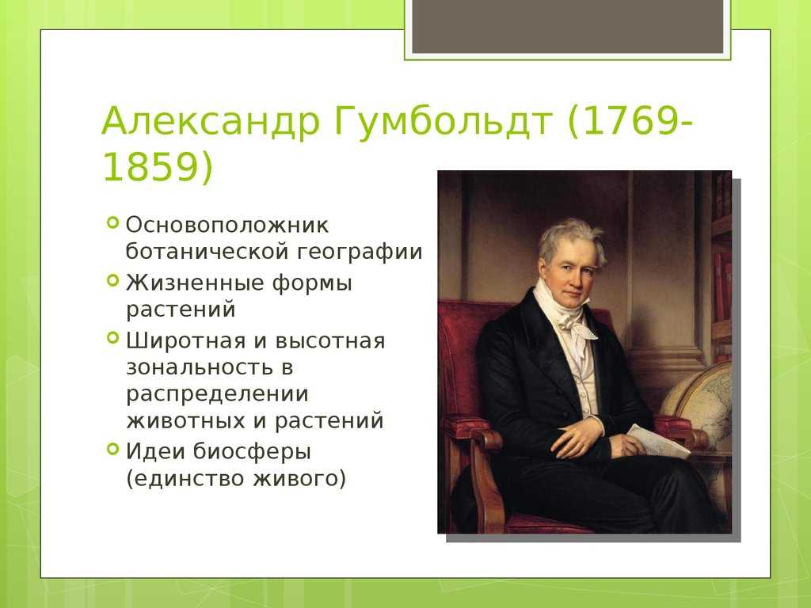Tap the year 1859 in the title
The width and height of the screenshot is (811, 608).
(150, 167)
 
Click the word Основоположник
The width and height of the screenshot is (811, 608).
(227, 225)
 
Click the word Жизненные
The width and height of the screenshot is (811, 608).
(194, 283)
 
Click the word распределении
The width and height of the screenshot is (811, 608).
(217, 395)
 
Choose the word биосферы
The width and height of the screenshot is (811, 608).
(252, 452)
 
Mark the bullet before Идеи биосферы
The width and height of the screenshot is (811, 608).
(112, 448)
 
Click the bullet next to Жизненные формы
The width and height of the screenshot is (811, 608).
(112, 281)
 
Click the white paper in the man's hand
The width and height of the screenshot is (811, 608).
(658, 441)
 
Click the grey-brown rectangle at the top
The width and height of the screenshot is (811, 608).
(567, 26)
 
